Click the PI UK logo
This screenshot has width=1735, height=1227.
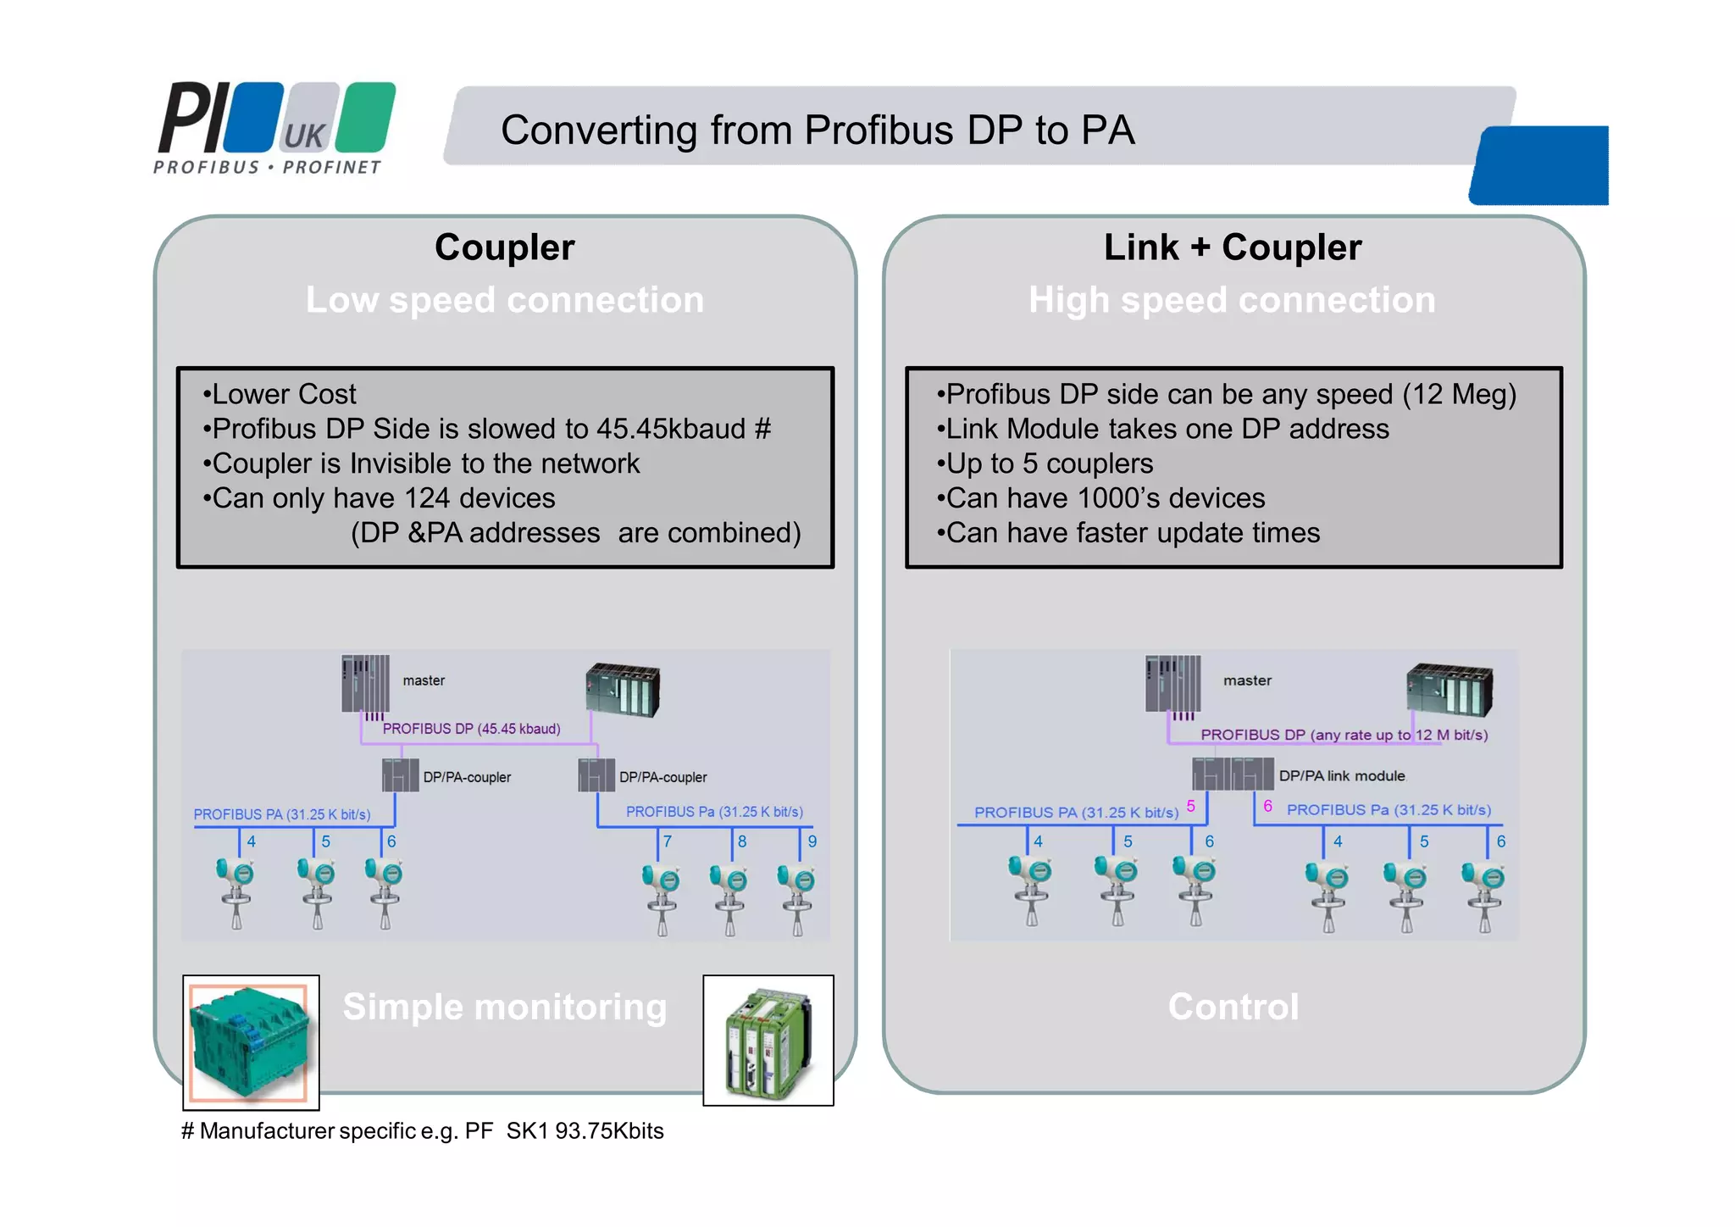275,127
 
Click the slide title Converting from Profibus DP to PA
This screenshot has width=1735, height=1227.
817,130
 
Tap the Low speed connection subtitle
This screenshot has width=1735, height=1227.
505,300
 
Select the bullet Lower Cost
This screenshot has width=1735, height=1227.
280,394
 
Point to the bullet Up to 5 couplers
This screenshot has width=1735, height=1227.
1046,464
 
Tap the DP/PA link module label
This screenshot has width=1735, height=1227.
1341,775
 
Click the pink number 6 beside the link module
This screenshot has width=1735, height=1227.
1267,806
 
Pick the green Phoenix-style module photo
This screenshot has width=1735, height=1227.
768,1041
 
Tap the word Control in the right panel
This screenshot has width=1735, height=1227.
1233,1007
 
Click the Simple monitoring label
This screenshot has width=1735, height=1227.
505,1007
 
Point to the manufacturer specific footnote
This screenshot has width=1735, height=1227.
422,1131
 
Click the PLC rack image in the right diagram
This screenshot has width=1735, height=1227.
1449,690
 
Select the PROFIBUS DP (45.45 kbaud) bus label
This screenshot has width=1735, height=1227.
471,729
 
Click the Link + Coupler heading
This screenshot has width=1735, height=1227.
1233,247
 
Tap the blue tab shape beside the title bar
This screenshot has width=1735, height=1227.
1540,166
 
